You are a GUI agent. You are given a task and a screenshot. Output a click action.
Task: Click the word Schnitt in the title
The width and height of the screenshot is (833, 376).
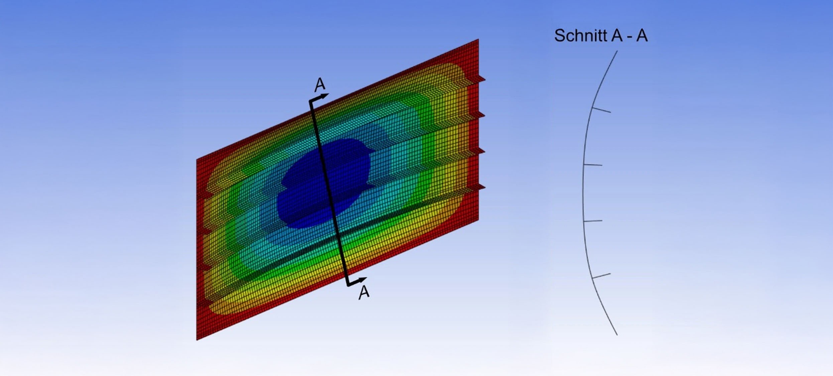click(x=581, y=35)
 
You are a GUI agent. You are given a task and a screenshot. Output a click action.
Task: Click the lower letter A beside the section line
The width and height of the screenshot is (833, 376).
click(x=364, y=292)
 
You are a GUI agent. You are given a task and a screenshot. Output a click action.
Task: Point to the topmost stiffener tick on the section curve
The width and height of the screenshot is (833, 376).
click(x=601, y=110)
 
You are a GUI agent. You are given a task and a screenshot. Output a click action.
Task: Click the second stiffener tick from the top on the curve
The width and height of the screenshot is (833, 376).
click(x=593, y=165)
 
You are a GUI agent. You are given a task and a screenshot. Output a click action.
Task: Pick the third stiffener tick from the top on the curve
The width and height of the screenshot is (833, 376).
click(x=593, y=221)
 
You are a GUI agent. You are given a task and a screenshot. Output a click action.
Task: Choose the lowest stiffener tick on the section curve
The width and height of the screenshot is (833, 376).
click(x=601, y=276)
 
